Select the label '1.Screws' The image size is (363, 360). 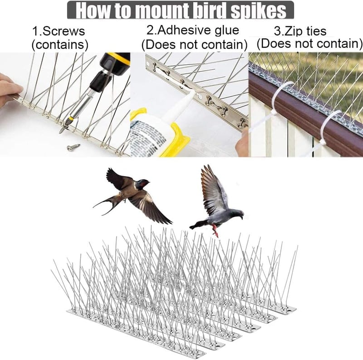59,31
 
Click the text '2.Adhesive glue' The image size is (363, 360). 193,30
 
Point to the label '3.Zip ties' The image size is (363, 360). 300,31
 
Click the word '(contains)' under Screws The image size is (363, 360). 60,44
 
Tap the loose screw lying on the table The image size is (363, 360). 74,147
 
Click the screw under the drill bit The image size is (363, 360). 64,128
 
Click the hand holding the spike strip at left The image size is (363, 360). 9,89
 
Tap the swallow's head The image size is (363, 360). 142,184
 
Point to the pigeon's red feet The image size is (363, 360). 216,230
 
